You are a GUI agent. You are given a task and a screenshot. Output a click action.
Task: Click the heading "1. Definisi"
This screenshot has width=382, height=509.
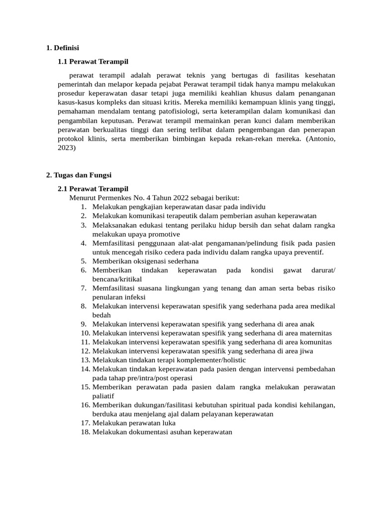coord(62,48)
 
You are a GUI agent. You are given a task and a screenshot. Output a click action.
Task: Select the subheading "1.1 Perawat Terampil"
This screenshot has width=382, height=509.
coord(93,62)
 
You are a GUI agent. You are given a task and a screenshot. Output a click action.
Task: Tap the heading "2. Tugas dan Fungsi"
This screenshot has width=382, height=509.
coord(79,175)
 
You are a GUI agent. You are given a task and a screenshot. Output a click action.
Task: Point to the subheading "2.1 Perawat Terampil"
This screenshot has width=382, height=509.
coord(93,189)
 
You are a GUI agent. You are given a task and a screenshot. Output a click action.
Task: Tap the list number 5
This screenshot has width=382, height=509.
coord(84,261)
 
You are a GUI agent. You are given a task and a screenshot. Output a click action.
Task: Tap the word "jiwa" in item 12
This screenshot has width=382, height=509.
coord(306,351)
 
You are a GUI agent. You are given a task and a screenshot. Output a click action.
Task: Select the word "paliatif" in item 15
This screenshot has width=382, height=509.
coord(103,396)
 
